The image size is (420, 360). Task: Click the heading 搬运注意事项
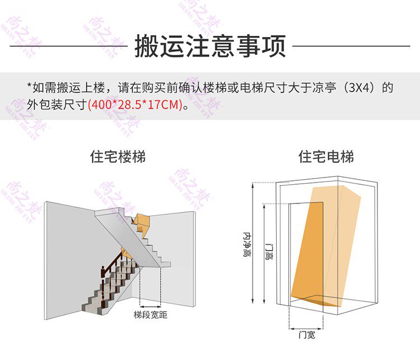(x=210, y=46)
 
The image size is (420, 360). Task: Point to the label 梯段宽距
(x=150, y=315)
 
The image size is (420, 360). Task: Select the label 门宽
(x=307, y=335)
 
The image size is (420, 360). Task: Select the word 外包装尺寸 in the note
(x=56, y=104)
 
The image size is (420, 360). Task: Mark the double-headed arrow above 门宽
(x=307, y=328)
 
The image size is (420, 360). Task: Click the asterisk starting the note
(x=29, y=86)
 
